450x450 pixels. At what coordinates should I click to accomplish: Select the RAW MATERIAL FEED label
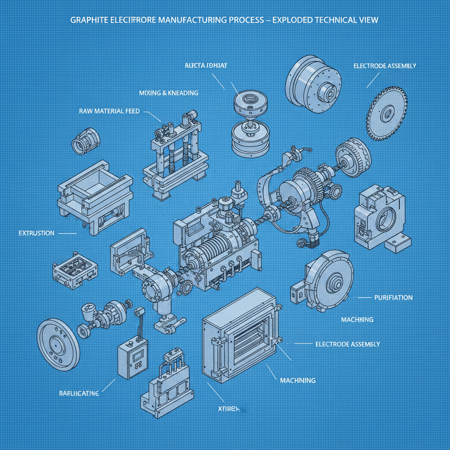[109, 111]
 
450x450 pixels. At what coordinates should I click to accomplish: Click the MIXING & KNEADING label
[168, 93]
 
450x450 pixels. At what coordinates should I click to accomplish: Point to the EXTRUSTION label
[36, 233]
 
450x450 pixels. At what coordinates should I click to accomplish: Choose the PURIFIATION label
[393, 298]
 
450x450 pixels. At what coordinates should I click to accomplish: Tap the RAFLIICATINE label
[79, 393]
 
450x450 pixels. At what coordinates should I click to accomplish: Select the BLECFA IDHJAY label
[206, 65]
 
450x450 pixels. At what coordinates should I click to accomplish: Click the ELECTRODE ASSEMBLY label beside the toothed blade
[385, 66]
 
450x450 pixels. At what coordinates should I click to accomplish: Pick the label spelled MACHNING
[357, 319]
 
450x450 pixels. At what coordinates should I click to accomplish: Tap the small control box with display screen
[134, 356]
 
